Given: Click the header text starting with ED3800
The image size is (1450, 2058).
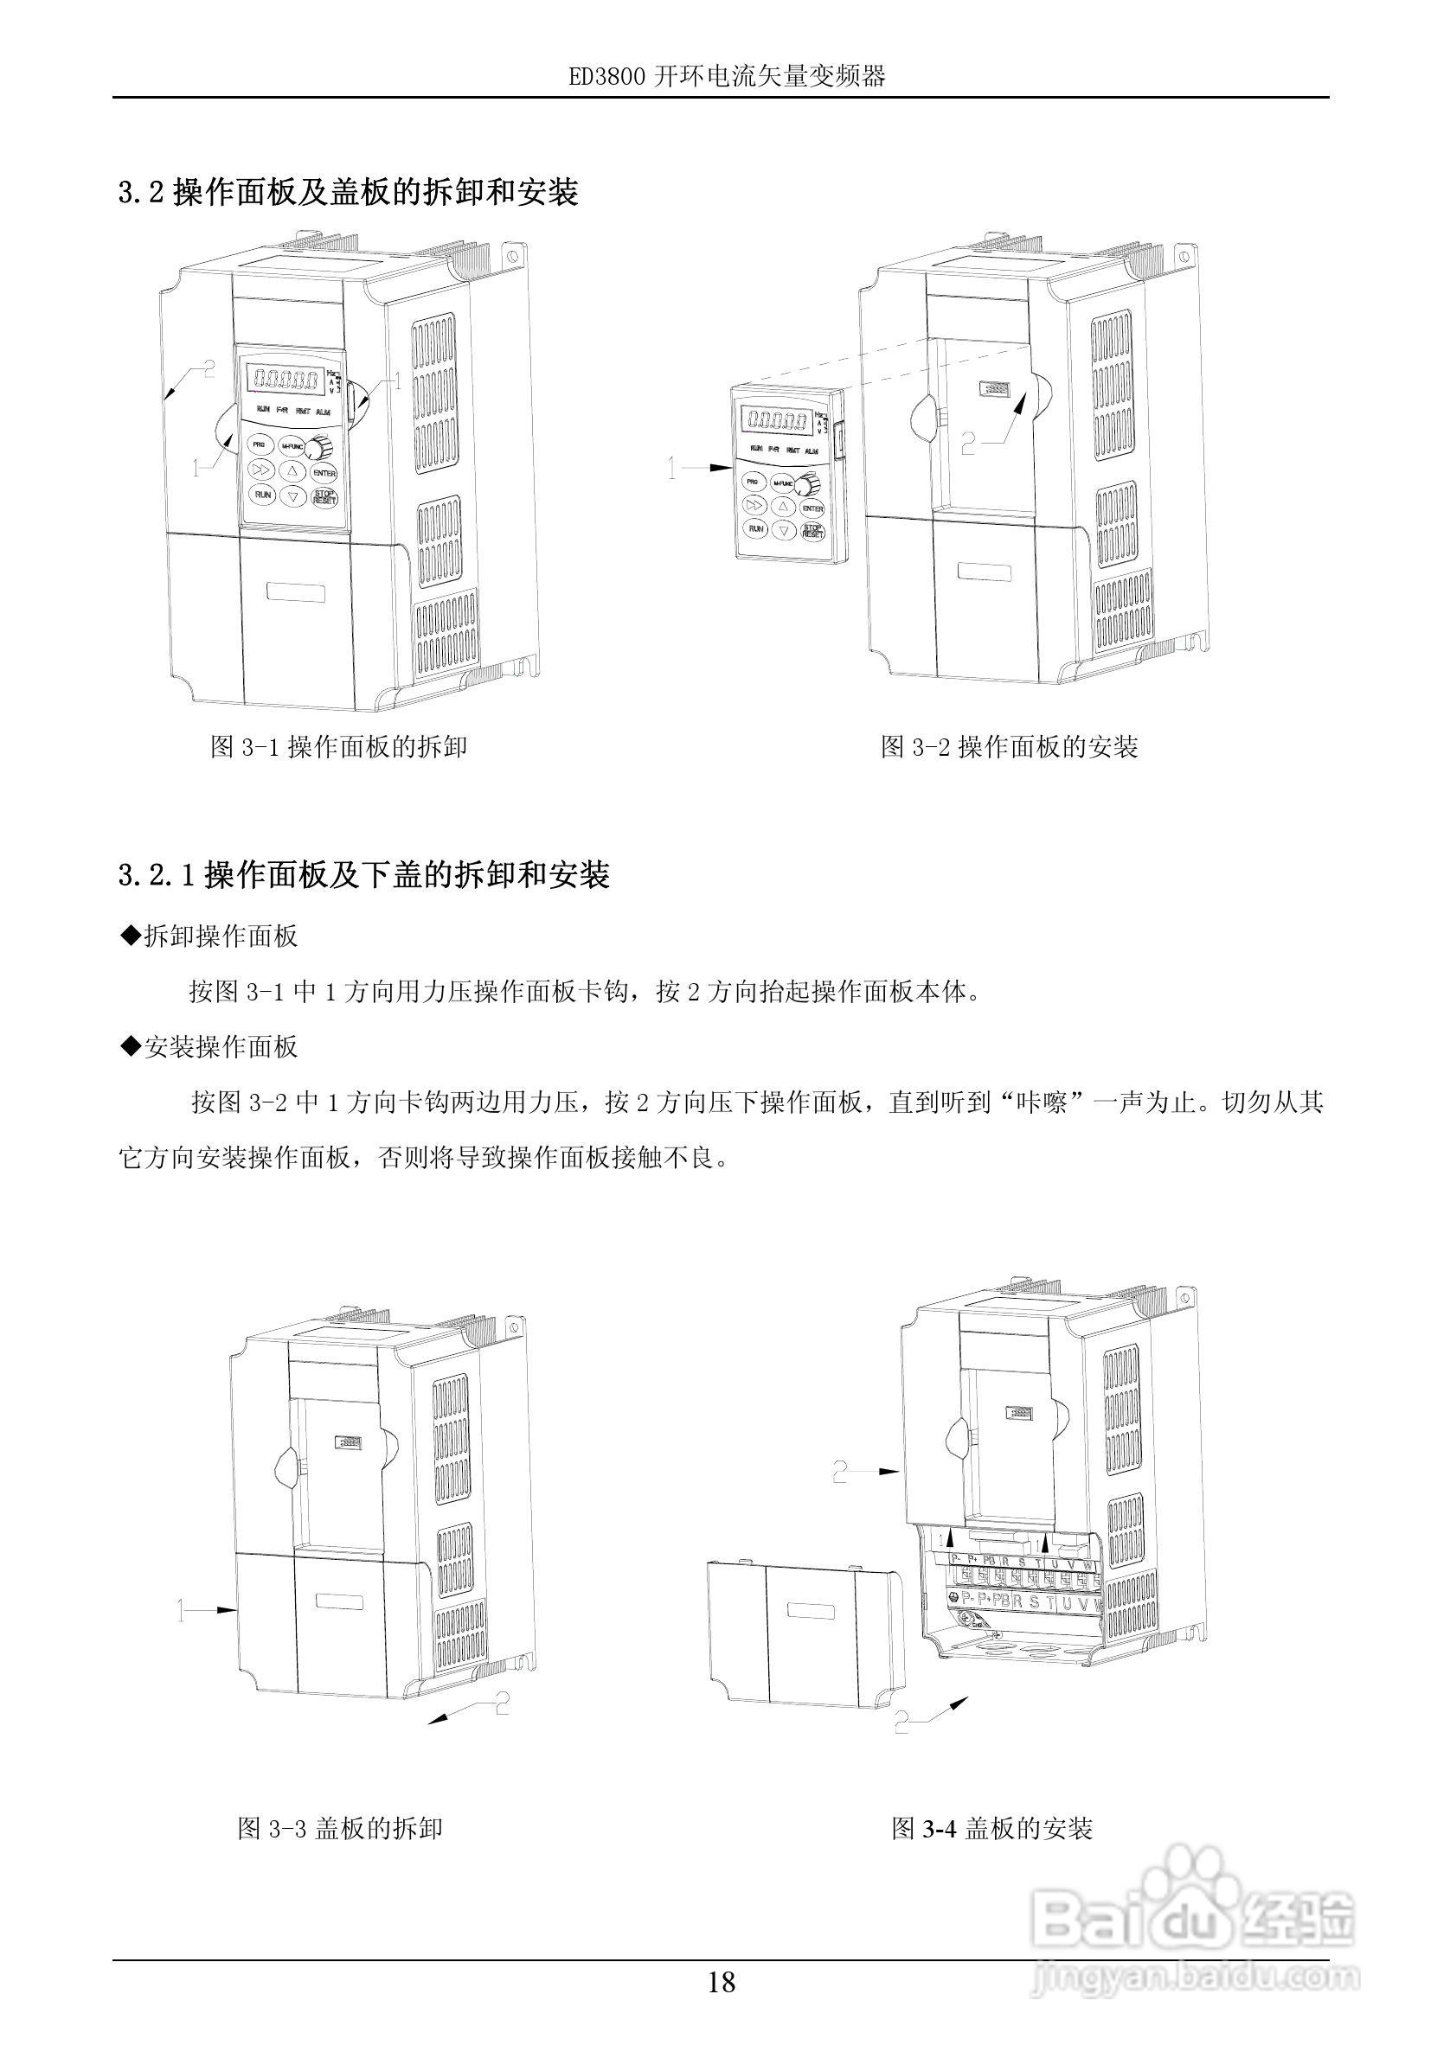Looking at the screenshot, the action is (727, 77).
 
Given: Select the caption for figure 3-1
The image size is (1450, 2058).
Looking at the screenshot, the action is (338, 746).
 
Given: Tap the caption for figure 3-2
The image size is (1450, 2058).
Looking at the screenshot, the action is (1009, 746).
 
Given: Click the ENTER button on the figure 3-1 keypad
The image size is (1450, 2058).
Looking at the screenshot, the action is (324, 473).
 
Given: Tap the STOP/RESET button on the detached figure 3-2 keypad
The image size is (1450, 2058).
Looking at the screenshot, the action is (812, 532).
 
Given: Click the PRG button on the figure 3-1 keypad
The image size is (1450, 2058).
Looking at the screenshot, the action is (260, 444).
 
